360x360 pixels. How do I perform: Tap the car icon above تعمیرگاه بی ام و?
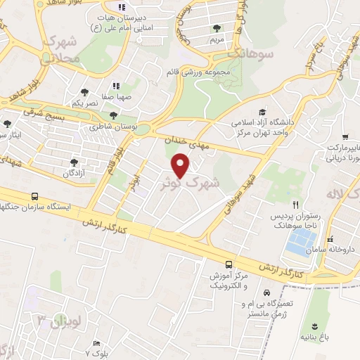pos(266,292)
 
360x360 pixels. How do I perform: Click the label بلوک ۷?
pos(96,350)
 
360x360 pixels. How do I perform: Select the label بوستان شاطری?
pos(105,127)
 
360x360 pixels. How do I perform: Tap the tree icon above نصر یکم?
pos(84,92)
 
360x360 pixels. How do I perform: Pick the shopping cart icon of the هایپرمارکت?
pos(345,137)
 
